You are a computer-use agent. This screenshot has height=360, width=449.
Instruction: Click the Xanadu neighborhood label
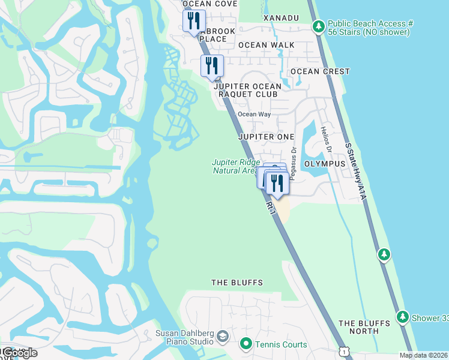pos(281,18)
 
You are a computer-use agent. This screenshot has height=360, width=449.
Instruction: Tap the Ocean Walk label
pos(266,45)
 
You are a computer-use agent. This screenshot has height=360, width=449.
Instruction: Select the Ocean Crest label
pos(319,71)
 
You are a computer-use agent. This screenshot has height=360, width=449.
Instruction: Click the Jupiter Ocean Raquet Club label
pos(246,90)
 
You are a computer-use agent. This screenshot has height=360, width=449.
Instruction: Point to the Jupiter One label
pos(266,137)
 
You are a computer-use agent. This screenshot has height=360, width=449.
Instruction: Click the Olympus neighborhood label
pos(325,164)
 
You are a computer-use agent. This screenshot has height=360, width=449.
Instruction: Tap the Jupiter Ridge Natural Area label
pos(236,166)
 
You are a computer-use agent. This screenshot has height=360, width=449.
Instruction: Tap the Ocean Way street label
pos(254,114)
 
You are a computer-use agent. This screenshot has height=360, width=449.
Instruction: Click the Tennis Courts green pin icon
pos(246,344)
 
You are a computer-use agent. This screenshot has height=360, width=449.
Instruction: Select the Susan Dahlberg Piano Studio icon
pos(223,335)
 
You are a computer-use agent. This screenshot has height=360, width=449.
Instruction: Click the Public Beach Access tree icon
pos(318,27)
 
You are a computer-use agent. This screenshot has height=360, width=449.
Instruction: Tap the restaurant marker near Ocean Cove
pos(194,21)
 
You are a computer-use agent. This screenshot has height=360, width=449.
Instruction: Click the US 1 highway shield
pos(343,352)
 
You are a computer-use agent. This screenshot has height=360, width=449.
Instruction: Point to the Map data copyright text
pos(423,355)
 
